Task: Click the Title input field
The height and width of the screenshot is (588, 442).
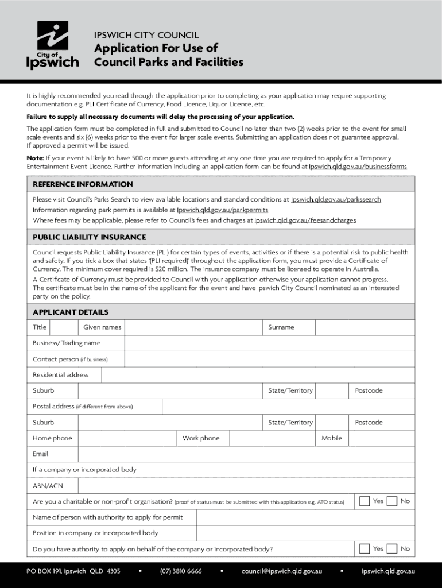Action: point(63,327)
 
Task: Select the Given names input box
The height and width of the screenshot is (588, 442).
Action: point(193,327)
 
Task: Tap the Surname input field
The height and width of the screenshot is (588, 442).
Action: point(365,327)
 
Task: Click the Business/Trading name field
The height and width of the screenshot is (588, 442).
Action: point(269,343)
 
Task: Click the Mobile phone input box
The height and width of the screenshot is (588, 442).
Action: point(381,439)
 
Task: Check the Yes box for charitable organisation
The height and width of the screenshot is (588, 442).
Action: point(365,501)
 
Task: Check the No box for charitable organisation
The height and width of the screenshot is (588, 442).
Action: point(392,501)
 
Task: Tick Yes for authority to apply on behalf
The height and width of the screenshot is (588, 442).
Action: point(365,549)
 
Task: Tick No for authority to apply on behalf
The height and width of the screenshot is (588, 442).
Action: point(392,549)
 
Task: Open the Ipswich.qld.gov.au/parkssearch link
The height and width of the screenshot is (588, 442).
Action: point(336,199)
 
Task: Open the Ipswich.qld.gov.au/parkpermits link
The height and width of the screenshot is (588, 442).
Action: point(222,210)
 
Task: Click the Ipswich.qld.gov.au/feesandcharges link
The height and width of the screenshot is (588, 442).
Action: point(305,220)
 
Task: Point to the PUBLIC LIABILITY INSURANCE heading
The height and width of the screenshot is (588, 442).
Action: point(89,237)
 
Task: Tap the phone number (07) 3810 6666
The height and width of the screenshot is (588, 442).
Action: point(181,571)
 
